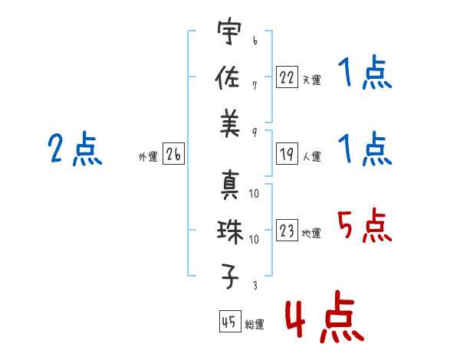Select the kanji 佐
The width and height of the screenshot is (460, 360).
pos(228,77)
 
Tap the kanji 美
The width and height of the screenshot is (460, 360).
pos(230,123)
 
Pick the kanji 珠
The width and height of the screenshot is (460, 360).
pos(230,232)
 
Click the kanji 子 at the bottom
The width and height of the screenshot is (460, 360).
pos(230,277)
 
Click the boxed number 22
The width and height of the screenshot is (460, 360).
pos(287,77)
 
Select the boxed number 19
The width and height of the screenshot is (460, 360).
pos(287,154)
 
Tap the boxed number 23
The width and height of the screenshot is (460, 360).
pos(287,230)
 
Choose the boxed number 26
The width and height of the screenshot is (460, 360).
pos(173,154)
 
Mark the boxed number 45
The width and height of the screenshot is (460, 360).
pos(230,321)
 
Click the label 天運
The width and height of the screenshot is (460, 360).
pos(312,80)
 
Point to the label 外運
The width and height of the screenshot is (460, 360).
pos(148,156)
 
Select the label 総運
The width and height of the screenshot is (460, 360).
pos(255,324)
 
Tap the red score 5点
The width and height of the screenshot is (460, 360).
pos(364,226)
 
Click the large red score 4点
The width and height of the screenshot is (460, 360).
pos(324,316)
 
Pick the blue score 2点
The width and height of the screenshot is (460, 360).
pos(75,149)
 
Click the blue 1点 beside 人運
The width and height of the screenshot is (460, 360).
pos(365,149)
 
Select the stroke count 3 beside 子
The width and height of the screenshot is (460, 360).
pos(255,285)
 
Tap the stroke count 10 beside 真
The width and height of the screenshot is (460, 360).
pos(254,193)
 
